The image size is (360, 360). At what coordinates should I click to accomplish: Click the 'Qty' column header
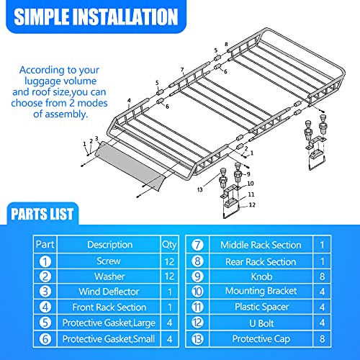click(168, 245)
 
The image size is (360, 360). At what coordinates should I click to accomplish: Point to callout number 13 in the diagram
click(199, 189)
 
